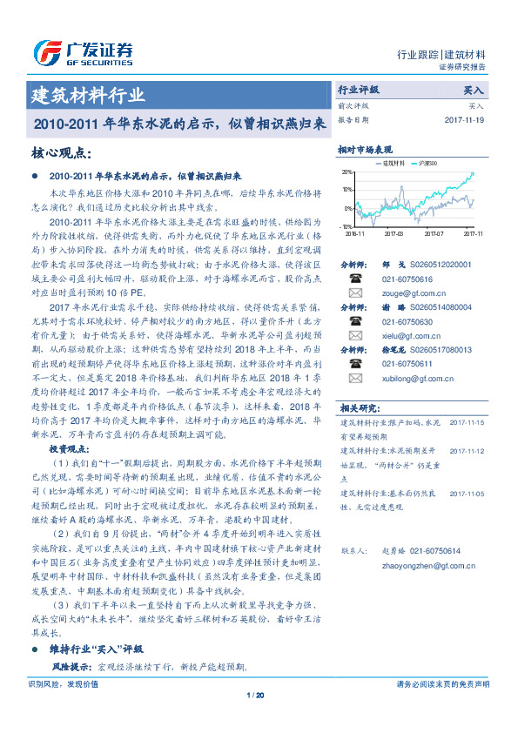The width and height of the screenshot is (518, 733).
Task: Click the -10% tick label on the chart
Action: point(346,226)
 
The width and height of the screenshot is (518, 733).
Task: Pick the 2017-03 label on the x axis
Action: point(394,233)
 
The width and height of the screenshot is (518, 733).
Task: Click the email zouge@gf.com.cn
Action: point(403,294)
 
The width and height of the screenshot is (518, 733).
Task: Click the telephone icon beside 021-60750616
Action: point(354,279)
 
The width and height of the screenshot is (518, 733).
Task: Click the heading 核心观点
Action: point(61,152)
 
